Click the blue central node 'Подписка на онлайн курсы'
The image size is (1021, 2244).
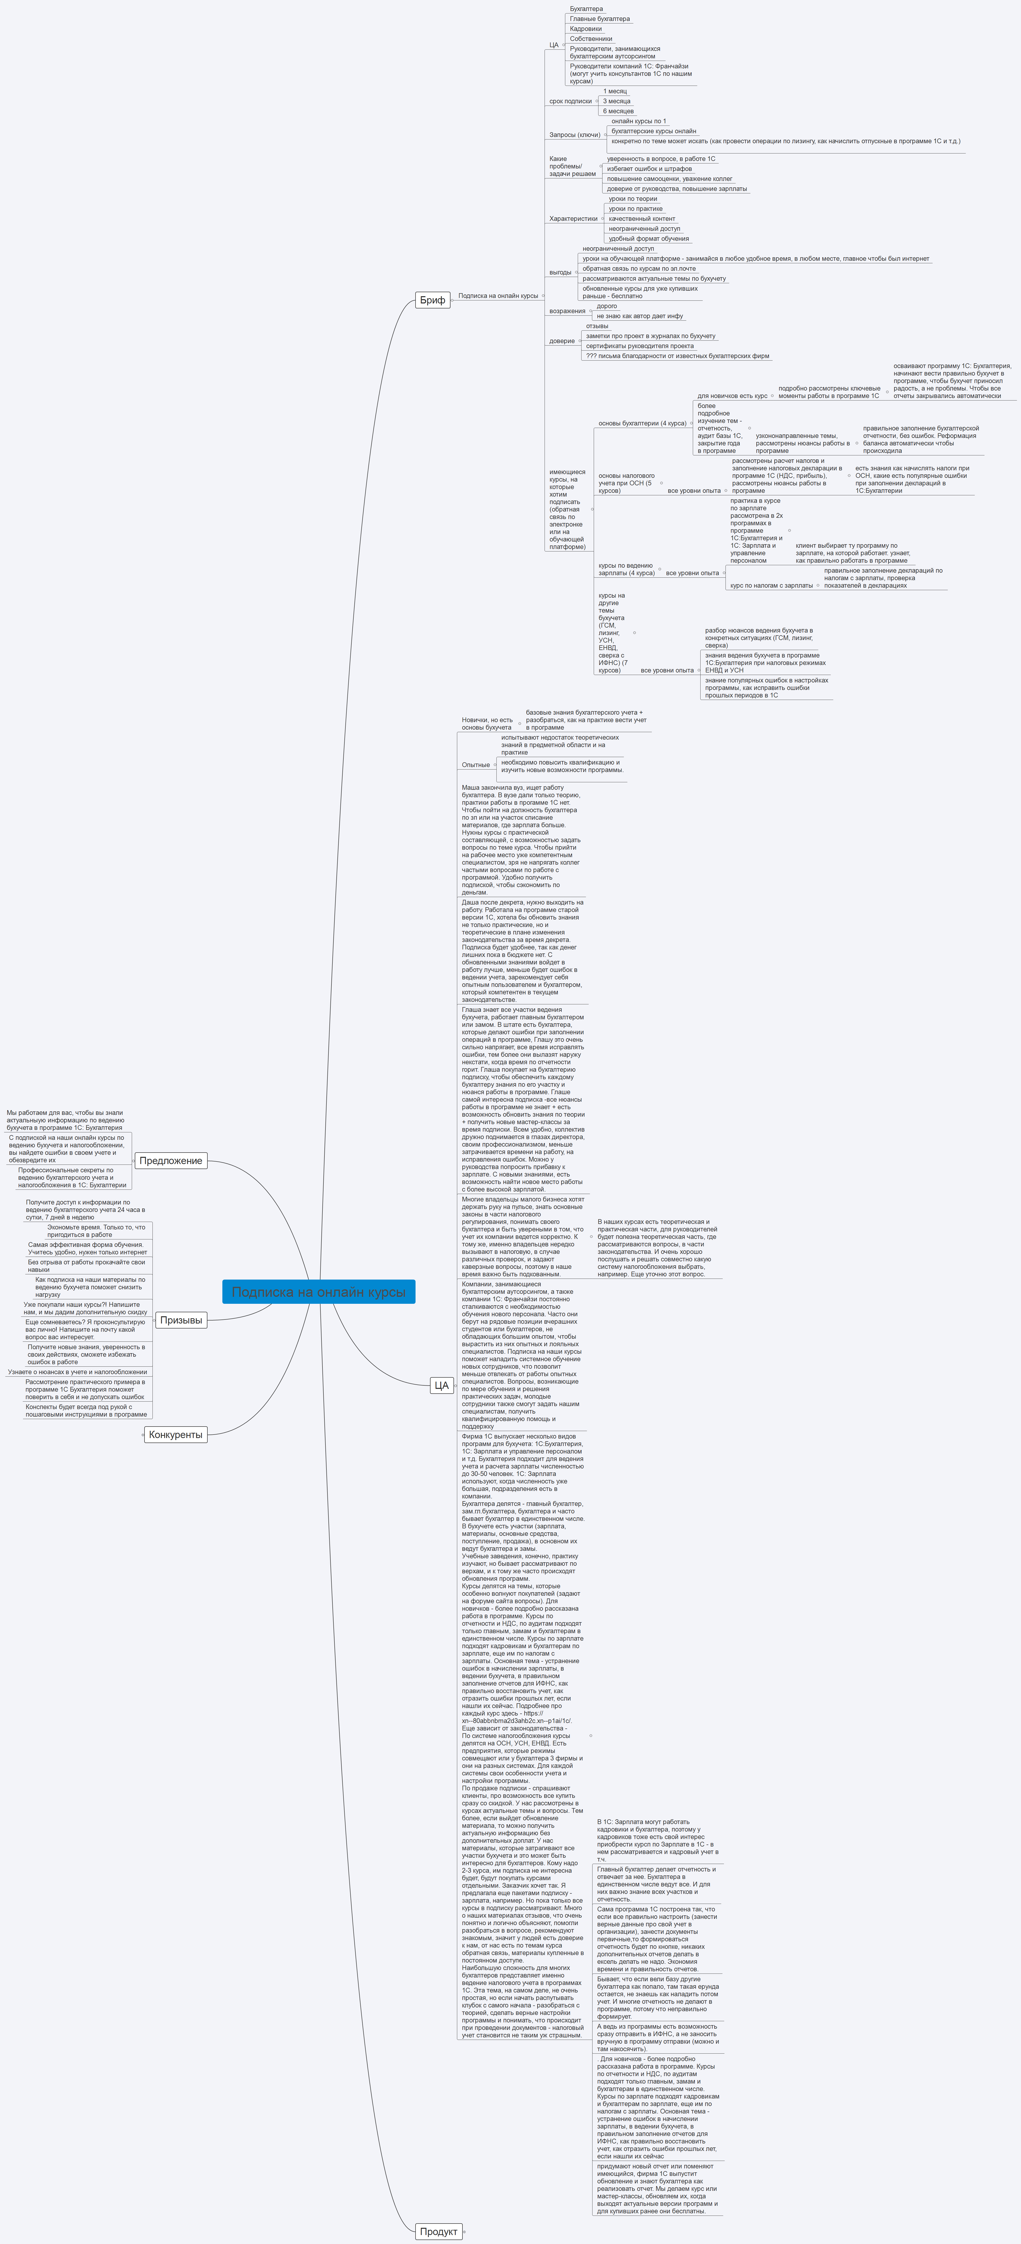pos(319,1292)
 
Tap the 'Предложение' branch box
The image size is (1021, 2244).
pos(171,1160)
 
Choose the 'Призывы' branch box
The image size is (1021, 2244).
pos(181,1320)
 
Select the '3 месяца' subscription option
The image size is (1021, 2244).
pos(617,101)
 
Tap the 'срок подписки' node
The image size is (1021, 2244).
pos(570,101)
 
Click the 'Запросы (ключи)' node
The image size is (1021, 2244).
pos(574,135)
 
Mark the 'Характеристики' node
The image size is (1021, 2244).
pos(573,219)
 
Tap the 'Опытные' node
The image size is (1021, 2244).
pos(476,765)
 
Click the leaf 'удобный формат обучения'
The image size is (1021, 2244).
pos(648,239)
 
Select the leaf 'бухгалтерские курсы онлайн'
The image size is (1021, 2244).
pos(653,131)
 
